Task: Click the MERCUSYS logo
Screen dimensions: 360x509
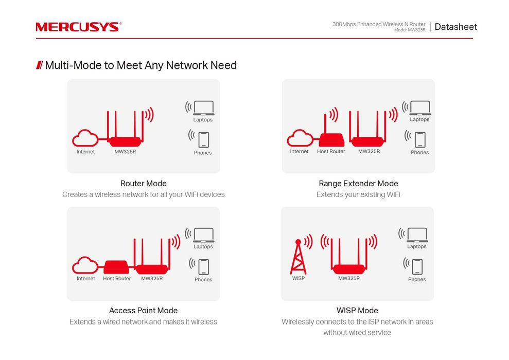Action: click(x=78, y=27)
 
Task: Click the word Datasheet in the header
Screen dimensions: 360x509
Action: click(x=455, y=27)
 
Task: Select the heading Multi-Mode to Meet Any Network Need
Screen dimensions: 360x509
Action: click(x=141, y=65)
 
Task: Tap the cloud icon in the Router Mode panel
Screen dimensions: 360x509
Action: click(x=85, y=138)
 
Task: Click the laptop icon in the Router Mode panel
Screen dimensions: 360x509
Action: click(x=203, y=107)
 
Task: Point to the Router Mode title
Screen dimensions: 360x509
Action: click(x=143, y=183)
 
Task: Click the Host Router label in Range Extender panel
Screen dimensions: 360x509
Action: click(x=331, y=152)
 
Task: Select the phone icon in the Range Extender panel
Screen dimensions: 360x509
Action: click(x=420, y=139)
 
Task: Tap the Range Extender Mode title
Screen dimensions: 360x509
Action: click(x=358, y=183)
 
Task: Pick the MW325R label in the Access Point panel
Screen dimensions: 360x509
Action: click(x=152, y=279)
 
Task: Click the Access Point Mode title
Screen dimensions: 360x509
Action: click(x=143, y=311)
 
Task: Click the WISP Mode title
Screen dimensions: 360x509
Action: click(x=357, y=311)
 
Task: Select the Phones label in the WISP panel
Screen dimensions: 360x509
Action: click(x=417, y=280)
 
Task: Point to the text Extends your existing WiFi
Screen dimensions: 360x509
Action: click(x=358, y=194)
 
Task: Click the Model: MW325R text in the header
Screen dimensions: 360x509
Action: click(x=410, y=30)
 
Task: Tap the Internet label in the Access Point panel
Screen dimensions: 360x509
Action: click(x=86, y=279)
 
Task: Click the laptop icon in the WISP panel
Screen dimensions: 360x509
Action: click(x=417, y=235)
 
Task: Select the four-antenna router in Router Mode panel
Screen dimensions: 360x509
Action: click(x=125, y=134)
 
